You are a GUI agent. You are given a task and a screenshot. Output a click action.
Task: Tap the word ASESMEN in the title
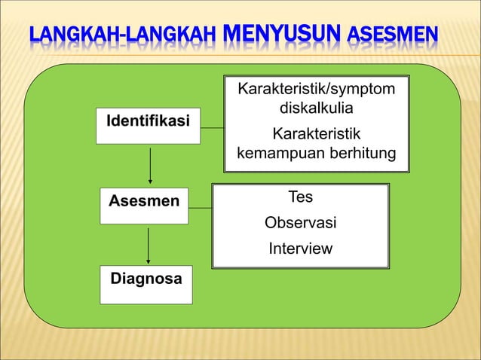point(391,35)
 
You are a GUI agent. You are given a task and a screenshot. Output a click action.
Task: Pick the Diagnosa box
point(146,284)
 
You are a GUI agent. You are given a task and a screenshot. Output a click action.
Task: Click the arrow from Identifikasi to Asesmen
point(152,164)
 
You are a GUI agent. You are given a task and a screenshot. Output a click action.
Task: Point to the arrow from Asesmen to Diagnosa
point(148,246)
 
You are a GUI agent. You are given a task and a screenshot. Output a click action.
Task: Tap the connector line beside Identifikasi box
point(214,129)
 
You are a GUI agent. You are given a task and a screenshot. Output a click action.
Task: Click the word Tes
point(300,197)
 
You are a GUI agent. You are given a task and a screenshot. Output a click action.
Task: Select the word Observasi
point(300,224)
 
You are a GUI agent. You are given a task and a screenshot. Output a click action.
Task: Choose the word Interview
point(300,249)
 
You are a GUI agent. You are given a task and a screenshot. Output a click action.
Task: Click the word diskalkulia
point(316,109)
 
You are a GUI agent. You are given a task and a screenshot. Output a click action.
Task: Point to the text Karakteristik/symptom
point(316,91)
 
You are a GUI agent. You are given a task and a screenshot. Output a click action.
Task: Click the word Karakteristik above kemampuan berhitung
point(316,135)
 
